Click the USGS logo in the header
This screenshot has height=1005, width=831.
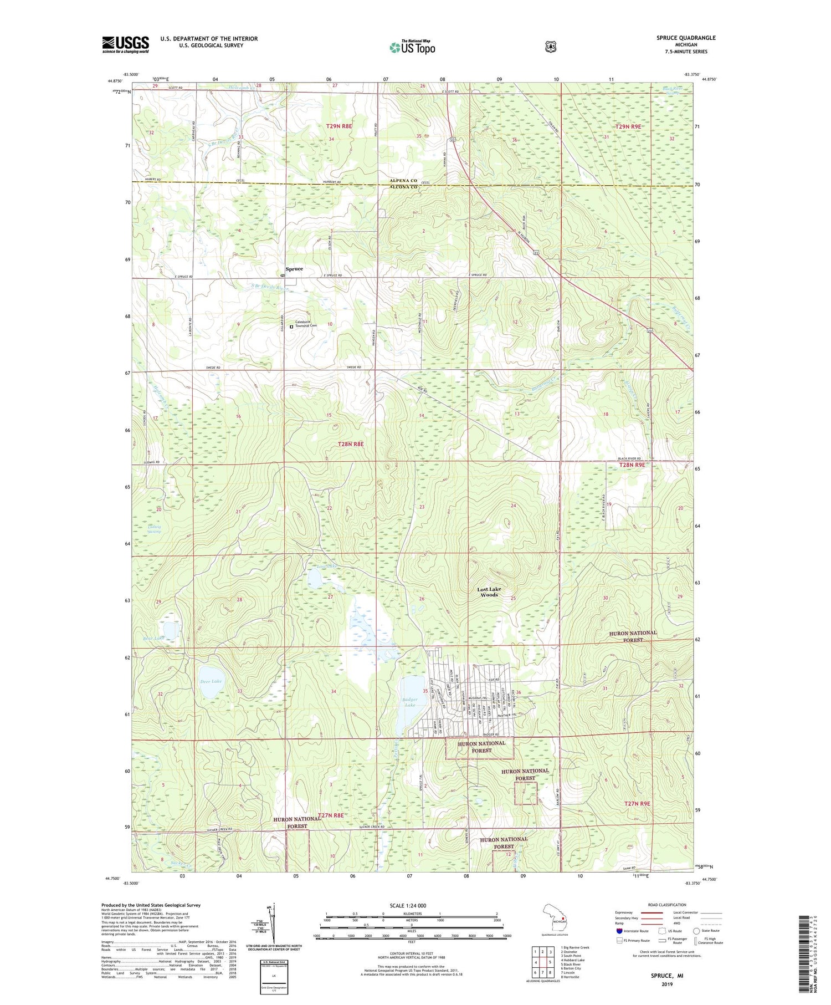125,44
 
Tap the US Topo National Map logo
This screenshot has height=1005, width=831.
412,47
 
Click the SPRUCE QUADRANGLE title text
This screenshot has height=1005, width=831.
686,38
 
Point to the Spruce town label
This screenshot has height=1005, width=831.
294,269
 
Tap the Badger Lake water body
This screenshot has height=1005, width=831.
410,700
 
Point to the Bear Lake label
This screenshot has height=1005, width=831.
153,639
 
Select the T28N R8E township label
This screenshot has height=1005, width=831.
351,444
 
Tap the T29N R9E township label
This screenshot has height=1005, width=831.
627,126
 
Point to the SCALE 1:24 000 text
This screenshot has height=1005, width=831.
411,906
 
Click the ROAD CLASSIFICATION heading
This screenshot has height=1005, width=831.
663,905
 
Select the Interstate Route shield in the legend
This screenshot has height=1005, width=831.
619,931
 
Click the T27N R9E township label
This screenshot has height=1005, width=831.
637,803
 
